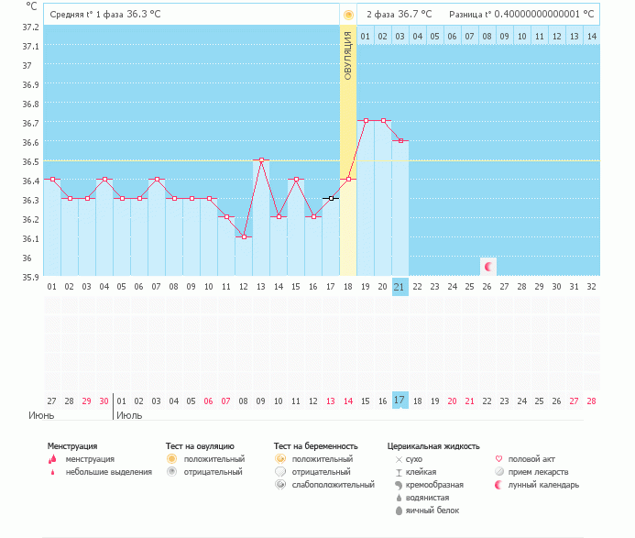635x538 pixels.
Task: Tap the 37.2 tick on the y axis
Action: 31,27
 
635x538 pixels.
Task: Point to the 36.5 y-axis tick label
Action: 31,161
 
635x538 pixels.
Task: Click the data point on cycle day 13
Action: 261,160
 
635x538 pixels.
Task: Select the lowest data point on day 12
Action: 244,236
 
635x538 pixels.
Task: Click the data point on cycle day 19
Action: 366,121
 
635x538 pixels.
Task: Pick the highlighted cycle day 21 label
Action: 400,286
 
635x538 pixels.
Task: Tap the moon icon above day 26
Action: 488,267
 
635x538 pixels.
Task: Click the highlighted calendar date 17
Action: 400,401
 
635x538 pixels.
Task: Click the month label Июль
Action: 129,415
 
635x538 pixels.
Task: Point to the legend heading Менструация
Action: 72,446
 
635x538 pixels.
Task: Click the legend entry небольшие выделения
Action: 108,471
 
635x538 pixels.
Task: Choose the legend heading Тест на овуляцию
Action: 200,446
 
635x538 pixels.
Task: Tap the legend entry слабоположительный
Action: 331,484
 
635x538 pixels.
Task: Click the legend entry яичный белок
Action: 431,510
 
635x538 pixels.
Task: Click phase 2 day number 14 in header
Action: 591,36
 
